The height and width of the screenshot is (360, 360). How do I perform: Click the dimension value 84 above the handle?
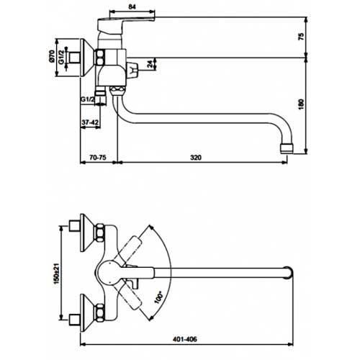(x=132, y=6)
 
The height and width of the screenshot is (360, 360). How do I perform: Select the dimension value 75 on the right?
(x=301, y=36)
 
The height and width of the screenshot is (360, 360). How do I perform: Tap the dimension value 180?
(x=301, y=104)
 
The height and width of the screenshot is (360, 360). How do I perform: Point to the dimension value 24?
(x=150, y=64)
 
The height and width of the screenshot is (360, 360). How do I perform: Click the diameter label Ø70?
(x=52, y=56)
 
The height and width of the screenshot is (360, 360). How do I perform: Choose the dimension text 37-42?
(x=90, y=122)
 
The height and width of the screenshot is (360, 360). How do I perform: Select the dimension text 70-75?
(x=98, y=158)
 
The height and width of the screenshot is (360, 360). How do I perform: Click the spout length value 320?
(x=196, y=158)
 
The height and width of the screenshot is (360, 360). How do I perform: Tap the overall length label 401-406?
(x=184, y=339)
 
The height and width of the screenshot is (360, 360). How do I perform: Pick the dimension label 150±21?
(x=56, y=274)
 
